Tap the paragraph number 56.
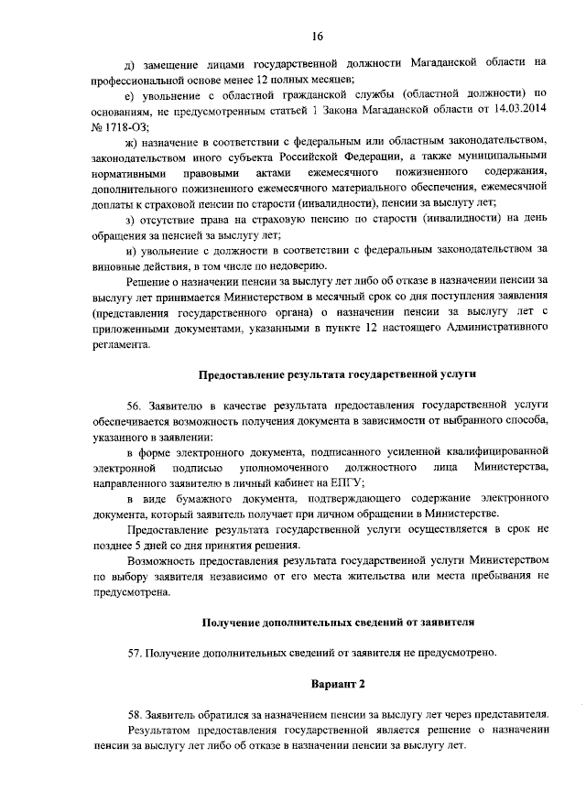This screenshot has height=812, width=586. [x=136, y=404]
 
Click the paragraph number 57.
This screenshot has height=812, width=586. [x=136, y=653]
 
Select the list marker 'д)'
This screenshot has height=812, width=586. [x=131, y=62]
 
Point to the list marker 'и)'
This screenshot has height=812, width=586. [x=131, y=249]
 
